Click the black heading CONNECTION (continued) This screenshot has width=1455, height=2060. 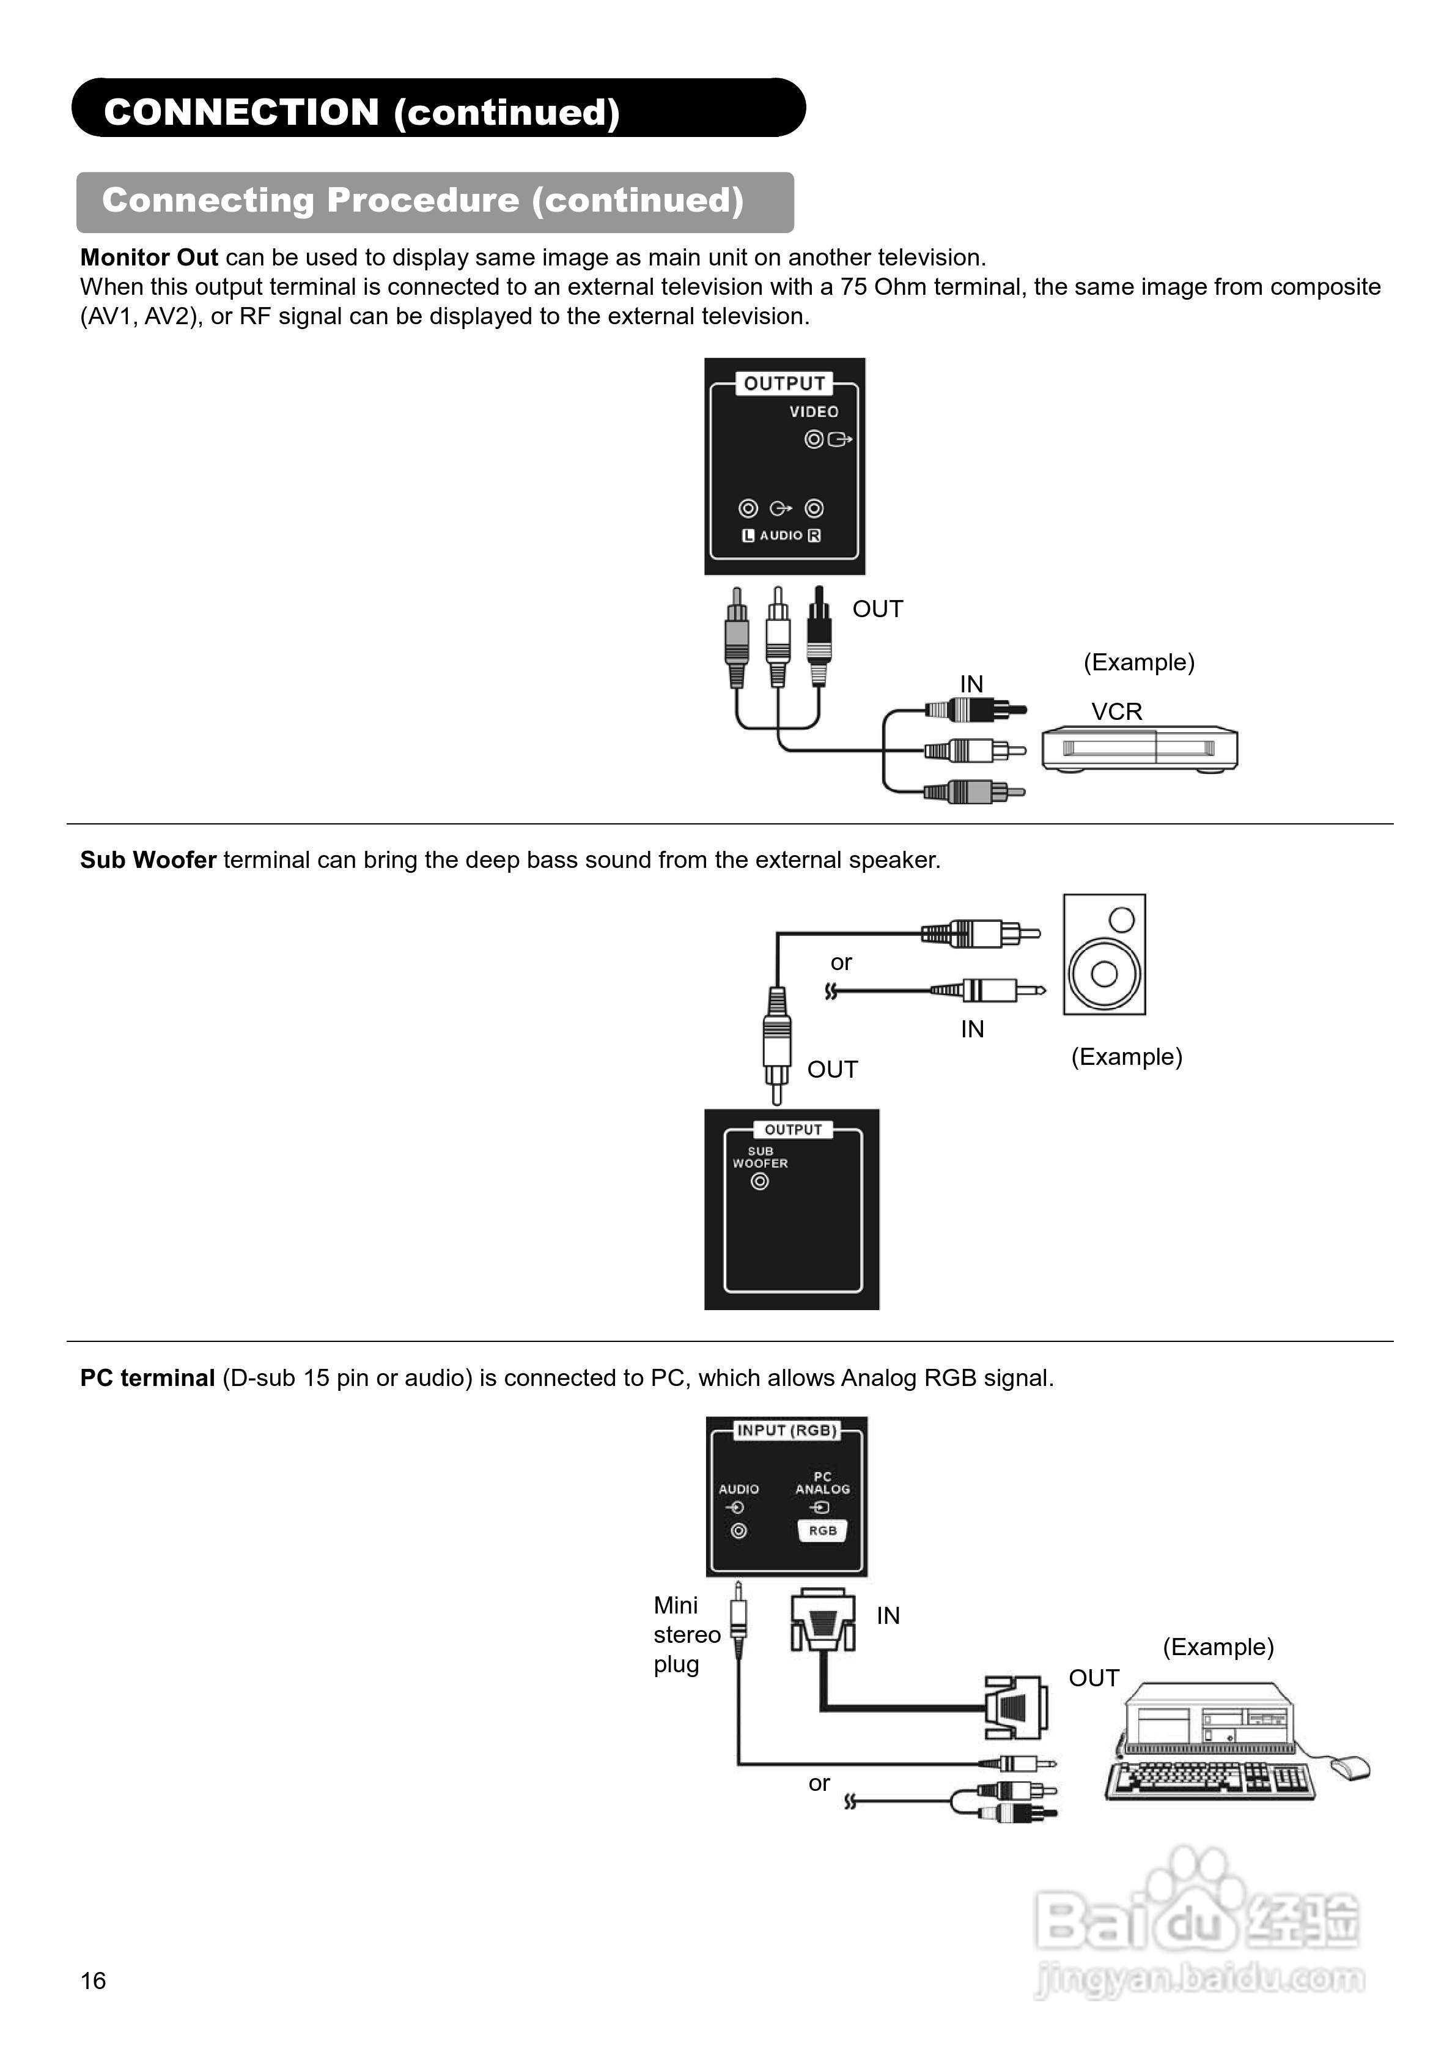pyautogui.click(x=361, y=112)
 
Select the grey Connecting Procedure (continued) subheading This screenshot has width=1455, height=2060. pyautogui.click(x=422, y=200)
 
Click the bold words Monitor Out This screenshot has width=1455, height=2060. pyautogui.click(x=149, y=257)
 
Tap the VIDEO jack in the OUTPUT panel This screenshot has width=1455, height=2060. pyautogui.click(x=814, y=439)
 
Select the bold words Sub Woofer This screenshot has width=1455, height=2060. pyautogui.click(x=148, y=859)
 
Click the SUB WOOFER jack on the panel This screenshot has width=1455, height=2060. pyautogui.click(x=760, y=1182)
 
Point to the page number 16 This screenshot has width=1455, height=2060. pyautogui.click(x=94, y=1980)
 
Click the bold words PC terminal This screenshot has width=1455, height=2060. pyautogui.click(x=147, y=1378)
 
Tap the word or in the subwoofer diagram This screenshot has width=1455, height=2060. pyautogui.click(x=841, y=962)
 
